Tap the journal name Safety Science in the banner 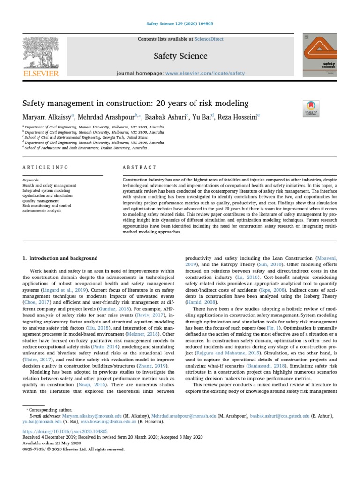click(180, 56)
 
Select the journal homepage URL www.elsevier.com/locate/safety click(205, 73)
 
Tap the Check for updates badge click(312, 108)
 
